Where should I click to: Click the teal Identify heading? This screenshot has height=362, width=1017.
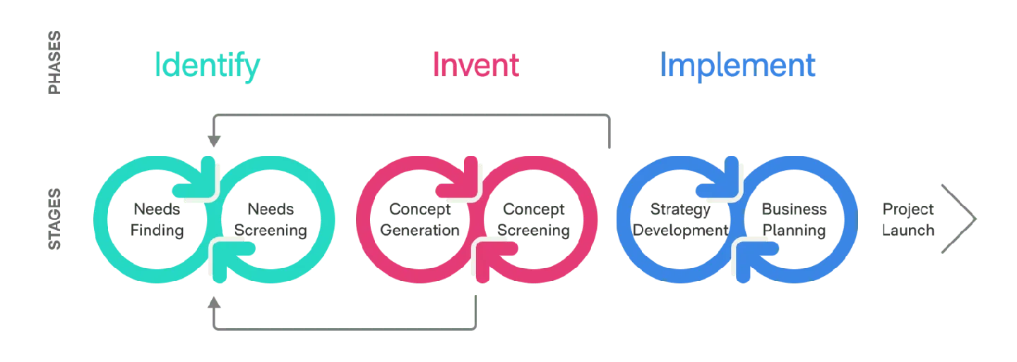pos(207,66)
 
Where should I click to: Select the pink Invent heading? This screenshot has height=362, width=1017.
pos(475,66)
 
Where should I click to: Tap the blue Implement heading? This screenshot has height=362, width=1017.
pos(738,66)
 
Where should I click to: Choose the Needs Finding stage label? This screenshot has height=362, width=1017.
pos(157,220)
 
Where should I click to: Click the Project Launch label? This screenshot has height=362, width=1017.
pos(909,220)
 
